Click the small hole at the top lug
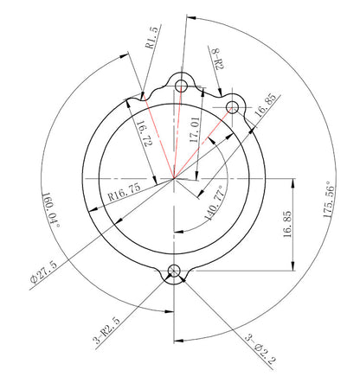[x=182, y=85]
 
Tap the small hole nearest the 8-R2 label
[x=232, y=106]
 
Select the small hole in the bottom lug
[x=176, y=271]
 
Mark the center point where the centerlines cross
[x=174, y=178]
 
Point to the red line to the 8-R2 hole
[x=202, y=143]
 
